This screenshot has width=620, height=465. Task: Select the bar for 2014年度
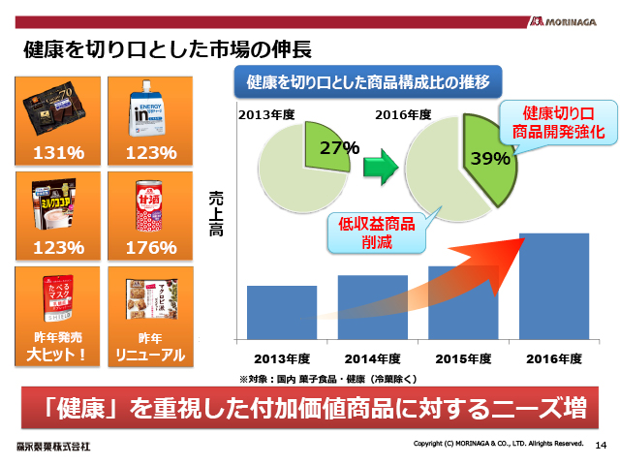tap(372, 307)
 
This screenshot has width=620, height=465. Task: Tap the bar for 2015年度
tap(463, 302)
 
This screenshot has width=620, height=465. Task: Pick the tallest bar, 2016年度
tap(554, 286)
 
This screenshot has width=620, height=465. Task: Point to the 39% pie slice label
tap(490, 158)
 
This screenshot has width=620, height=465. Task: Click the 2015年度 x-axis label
tap(463, 359)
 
